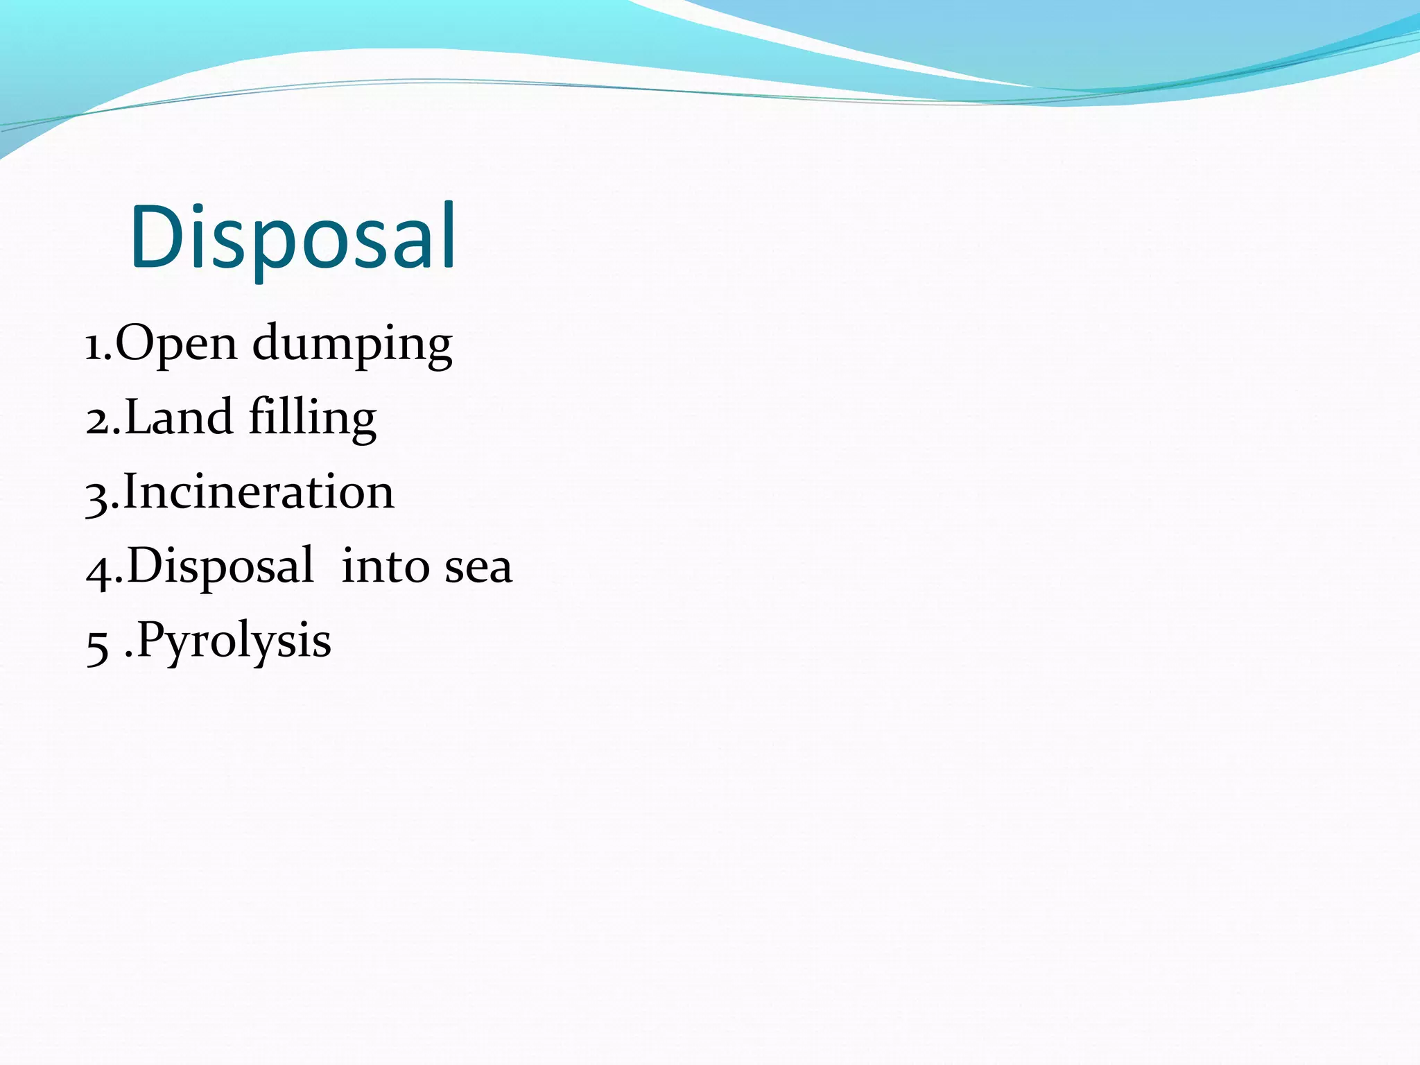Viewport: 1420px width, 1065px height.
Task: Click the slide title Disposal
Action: tap(293, 237)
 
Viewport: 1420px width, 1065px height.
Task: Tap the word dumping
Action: tap(352, 345)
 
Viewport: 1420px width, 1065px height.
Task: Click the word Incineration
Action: tap(259, 492)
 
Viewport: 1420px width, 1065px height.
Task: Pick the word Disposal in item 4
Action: tap(220, 566)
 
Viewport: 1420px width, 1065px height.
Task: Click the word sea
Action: tap(478, 567)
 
